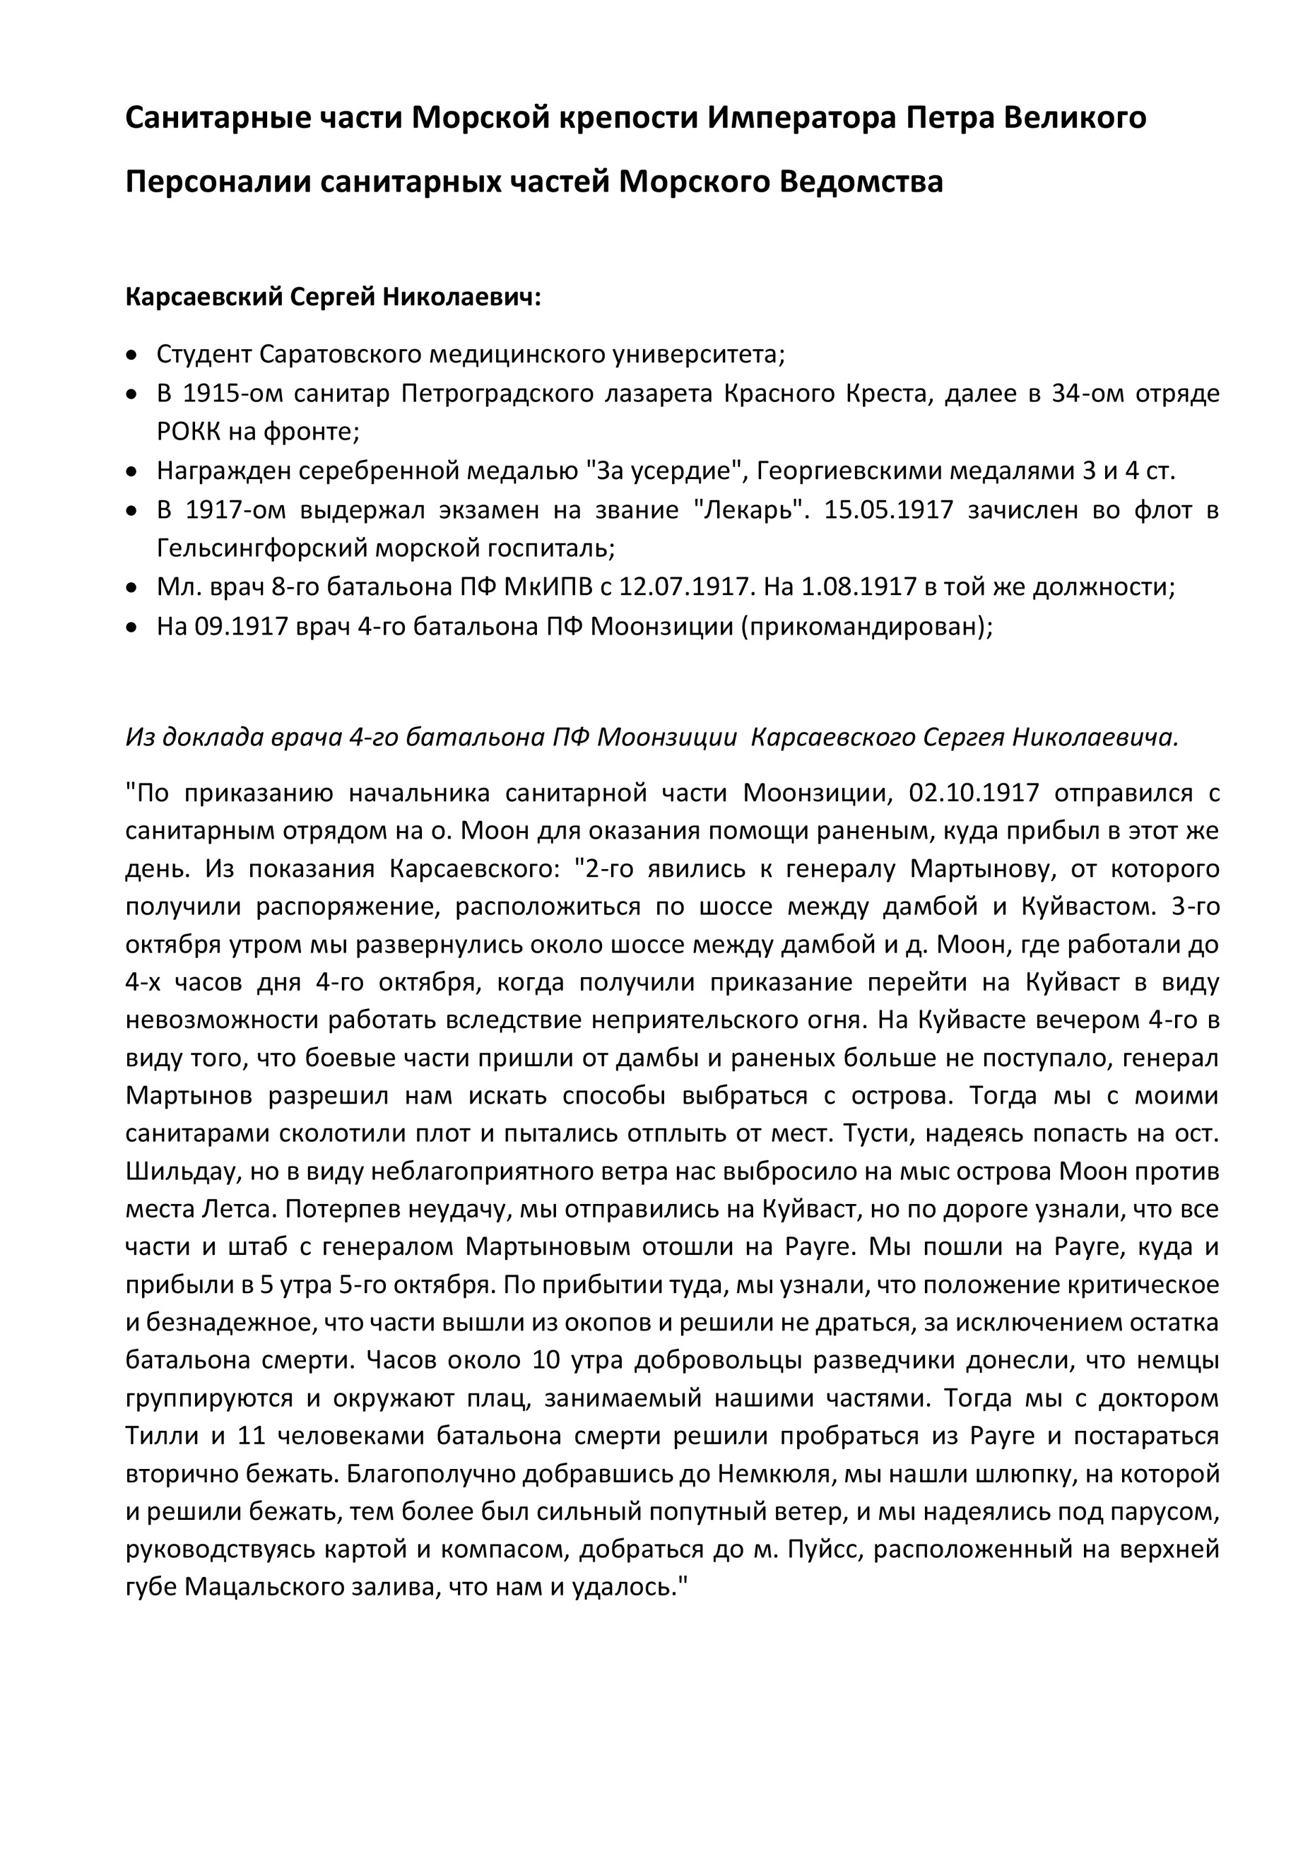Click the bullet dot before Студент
[x=132, y=355]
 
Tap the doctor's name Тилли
[x=162, y=1436]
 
